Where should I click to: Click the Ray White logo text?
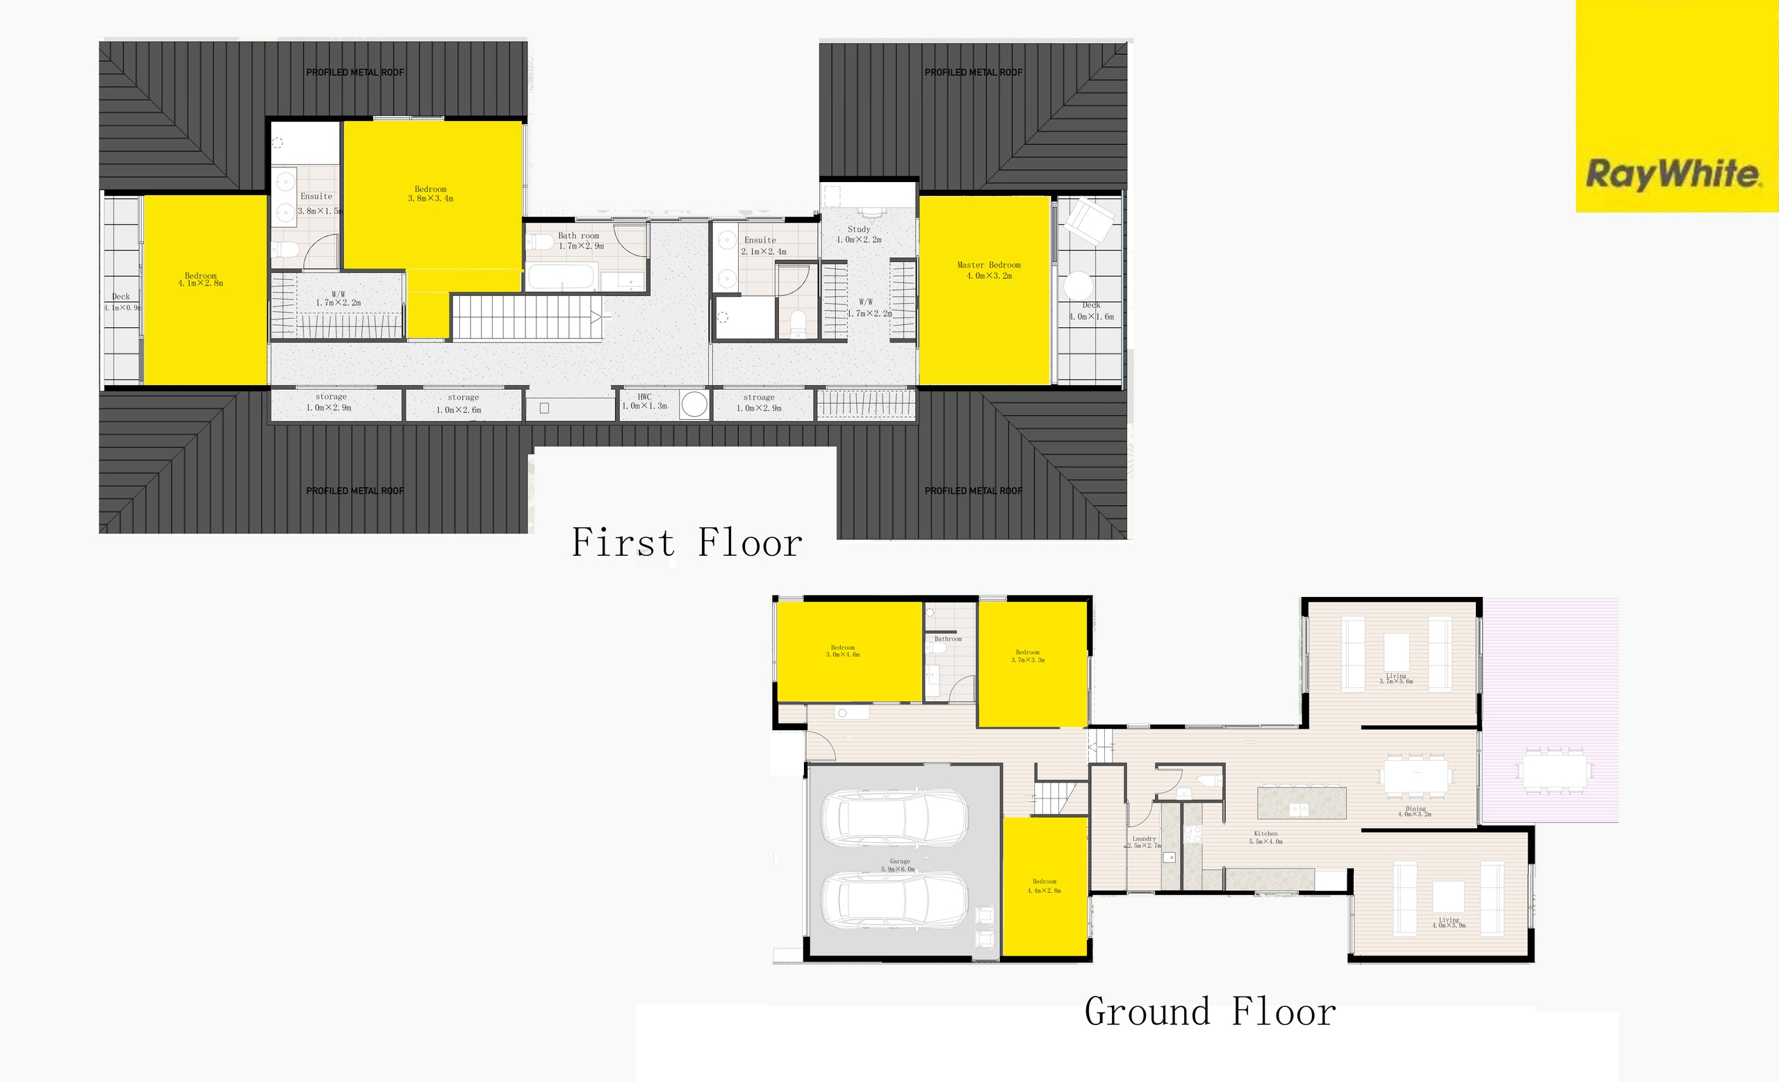[1673, 174]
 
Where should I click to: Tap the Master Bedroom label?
[988, 265]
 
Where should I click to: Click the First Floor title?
[686, 543]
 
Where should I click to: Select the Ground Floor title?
[1210, 1011]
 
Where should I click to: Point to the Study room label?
[858, 229]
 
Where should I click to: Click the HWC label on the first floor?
[644, 397]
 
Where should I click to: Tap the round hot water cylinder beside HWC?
[694, 404]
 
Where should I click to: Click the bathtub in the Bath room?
[561, 277]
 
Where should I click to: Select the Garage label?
[900, 861]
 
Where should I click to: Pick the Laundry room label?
[1144, 839]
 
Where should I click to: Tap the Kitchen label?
[1265, 834]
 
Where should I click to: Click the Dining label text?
[1415, 809]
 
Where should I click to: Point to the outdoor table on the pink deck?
[1555, 771]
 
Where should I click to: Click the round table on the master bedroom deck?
[1078, 285]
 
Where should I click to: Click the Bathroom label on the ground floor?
[948, 639]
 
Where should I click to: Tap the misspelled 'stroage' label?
[759, 397]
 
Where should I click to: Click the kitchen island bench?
[1302, 803]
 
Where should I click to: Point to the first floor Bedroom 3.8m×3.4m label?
[430, 190]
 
